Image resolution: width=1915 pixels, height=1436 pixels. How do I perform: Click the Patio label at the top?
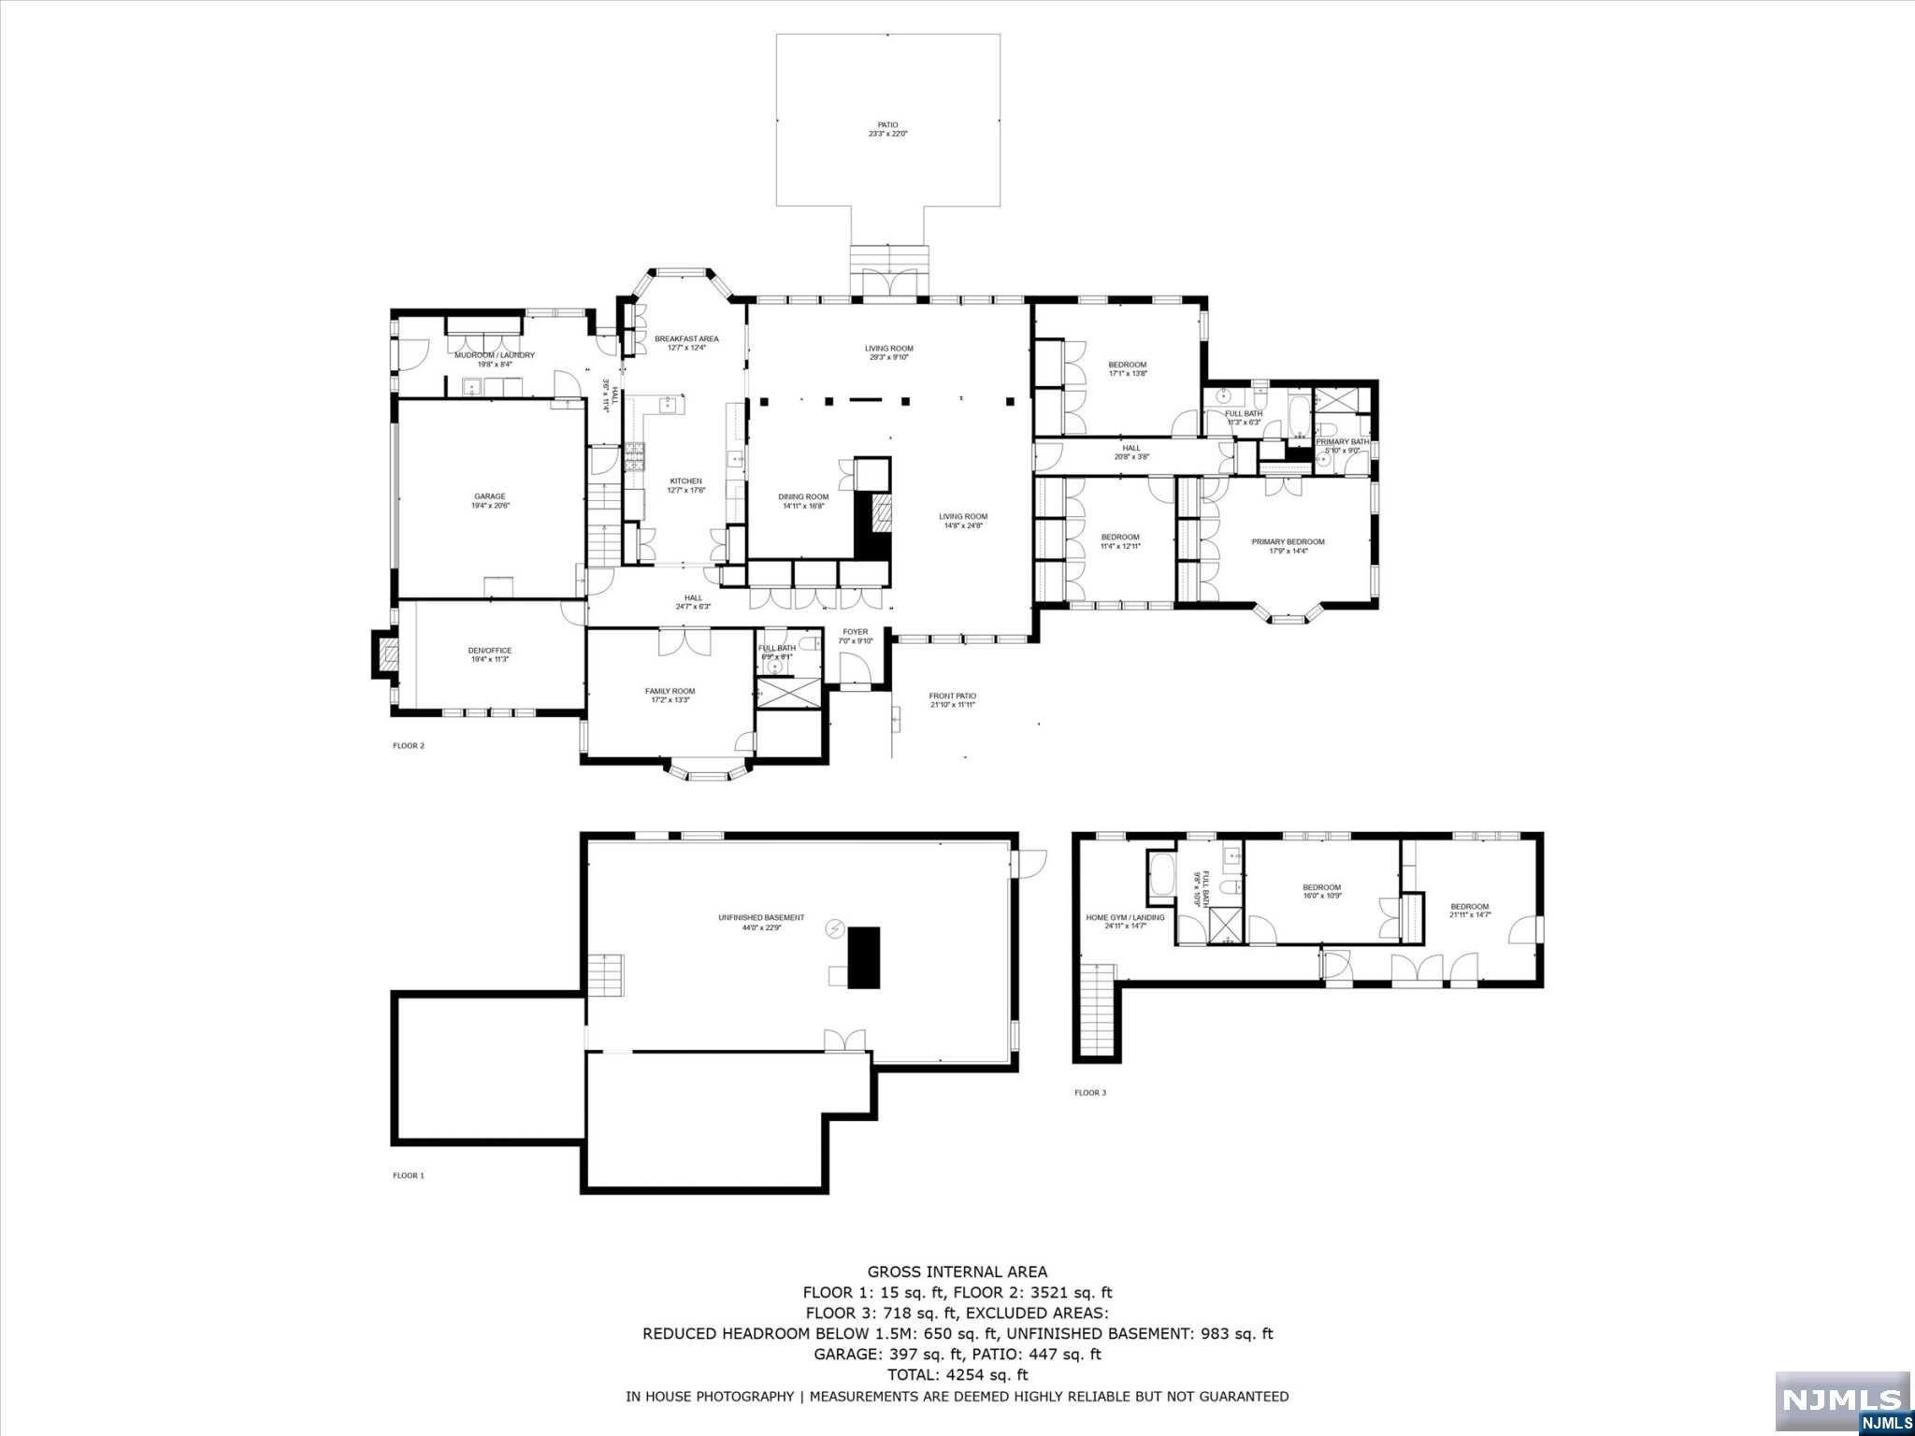(x=887, y=129)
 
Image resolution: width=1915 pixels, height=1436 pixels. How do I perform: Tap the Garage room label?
(x=489, y=501)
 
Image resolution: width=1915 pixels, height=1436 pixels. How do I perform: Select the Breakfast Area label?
(x=686, y=343)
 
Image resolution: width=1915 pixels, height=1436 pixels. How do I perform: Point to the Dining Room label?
(x=803, y=501)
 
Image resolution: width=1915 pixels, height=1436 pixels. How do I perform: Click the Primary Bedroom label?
(x=1288, y=546)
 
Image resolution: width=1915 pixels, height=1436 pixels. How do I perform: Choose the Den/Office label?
(x=489, y=654)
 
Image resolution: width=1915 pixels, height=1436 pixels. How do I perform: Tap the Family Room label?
(x=670, y=695)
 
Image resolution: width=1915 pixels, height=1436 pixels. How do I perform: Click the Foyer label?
(x=855, y=636)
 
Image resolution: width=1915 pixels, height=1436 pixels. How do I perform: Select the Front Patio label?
(x=952, y=699)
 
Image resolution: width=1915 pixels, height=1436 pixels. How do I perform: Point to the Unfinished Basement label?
(x=760, y=922)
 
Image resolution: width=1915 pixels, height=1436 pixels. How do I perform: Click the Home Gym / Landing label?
(x=1125, y=921)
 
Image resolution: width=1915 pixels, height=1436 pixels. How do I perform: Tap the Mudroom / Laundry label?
(x=494, y=359)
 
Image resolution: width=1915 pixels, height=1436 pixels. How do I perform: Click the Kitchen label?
(x=684, y=485)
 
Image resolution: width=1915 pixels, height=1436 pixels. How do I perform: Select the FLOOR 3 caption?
(x=1089, y=1092)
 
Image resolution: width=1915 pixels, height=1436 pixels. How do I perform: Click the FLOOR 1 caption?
(x=408, y=1175)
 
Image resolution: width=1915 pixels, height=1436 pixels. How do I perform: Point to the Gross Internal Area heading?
(x=957, y=1271)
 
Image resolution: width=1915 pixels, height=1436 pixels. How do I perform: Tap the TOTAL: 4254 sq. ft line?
(x=957, y=1374)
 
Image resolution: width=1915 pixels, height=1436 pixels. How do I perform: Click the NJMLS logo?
(x=1841, y=1399)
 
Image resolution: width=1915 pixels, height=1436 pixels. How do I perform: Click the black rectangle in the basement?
(x=864, y=957)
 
